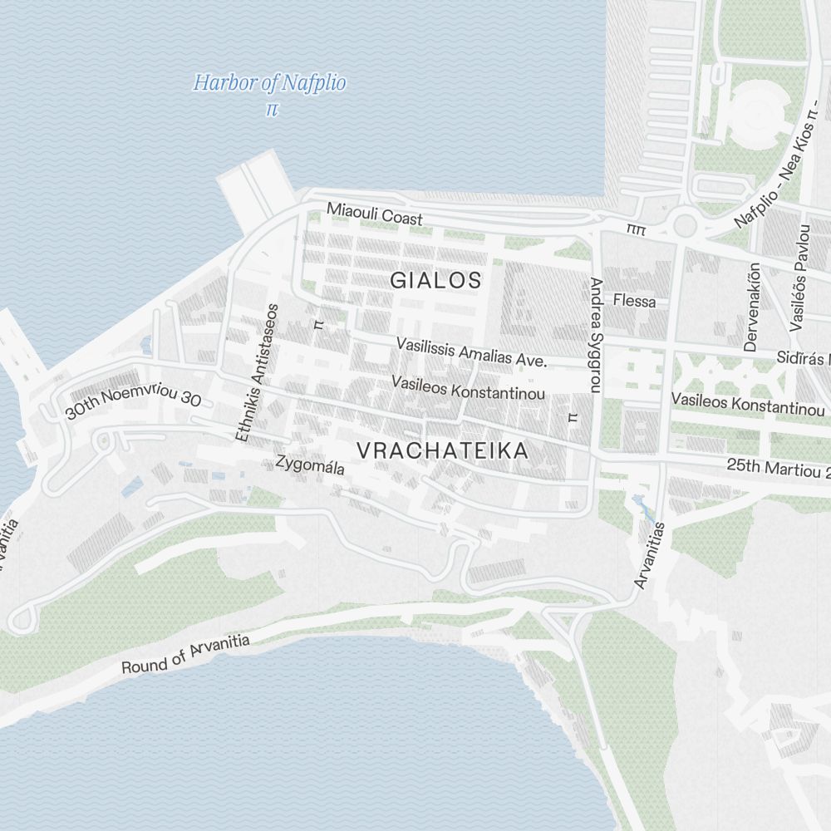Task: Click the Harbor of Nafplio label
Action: click(269, 83)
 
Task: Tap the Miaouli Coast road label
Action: click(374, 214)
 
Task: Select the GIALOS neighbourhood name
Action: click(435, 281)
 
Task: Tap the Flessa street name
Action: click(634, 301)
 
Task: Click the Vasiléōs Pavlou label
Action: click(799, 278)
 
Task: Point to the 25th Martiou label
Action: click(777, 468)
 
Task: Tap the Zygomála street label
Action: click(309, 465)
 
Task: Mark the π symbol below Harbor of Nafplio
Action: click(270, 109)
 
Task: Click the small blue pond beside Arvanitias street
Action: click(642, 504)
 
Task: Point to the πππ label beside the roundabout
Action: click(637, 226)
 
